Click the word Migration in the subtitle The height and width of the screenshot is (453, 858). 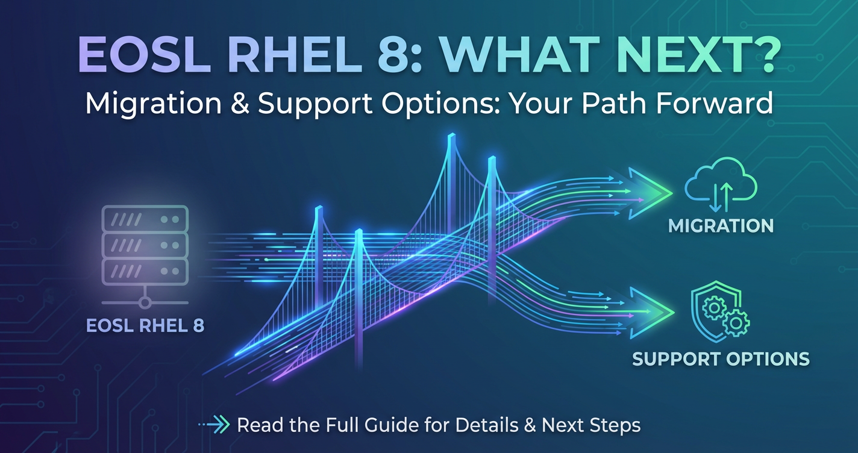(153, 104)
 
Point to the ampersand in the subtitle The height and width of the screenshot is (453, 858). (240, 104)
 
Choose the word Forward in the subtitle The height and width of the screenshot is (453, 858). (715, 104)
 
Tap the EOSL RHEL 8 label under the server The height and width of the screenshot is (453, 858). (145, 326)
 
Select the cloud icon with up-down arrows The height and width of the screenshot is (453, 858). (721, 184)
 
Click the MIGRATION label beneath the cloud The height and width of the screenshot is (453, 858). (721, 226)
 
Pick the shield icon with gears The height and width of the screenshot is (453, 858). (720, 311)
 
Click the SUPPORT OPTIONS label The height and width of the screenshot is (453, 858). (721, 359)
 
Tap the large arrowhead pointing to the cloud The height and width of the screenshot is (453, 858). (650, 193)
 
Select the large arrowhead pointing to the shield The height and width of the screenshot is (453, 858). (652, 313)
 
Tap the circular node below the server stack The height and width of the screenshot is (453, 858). (145, 303)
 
